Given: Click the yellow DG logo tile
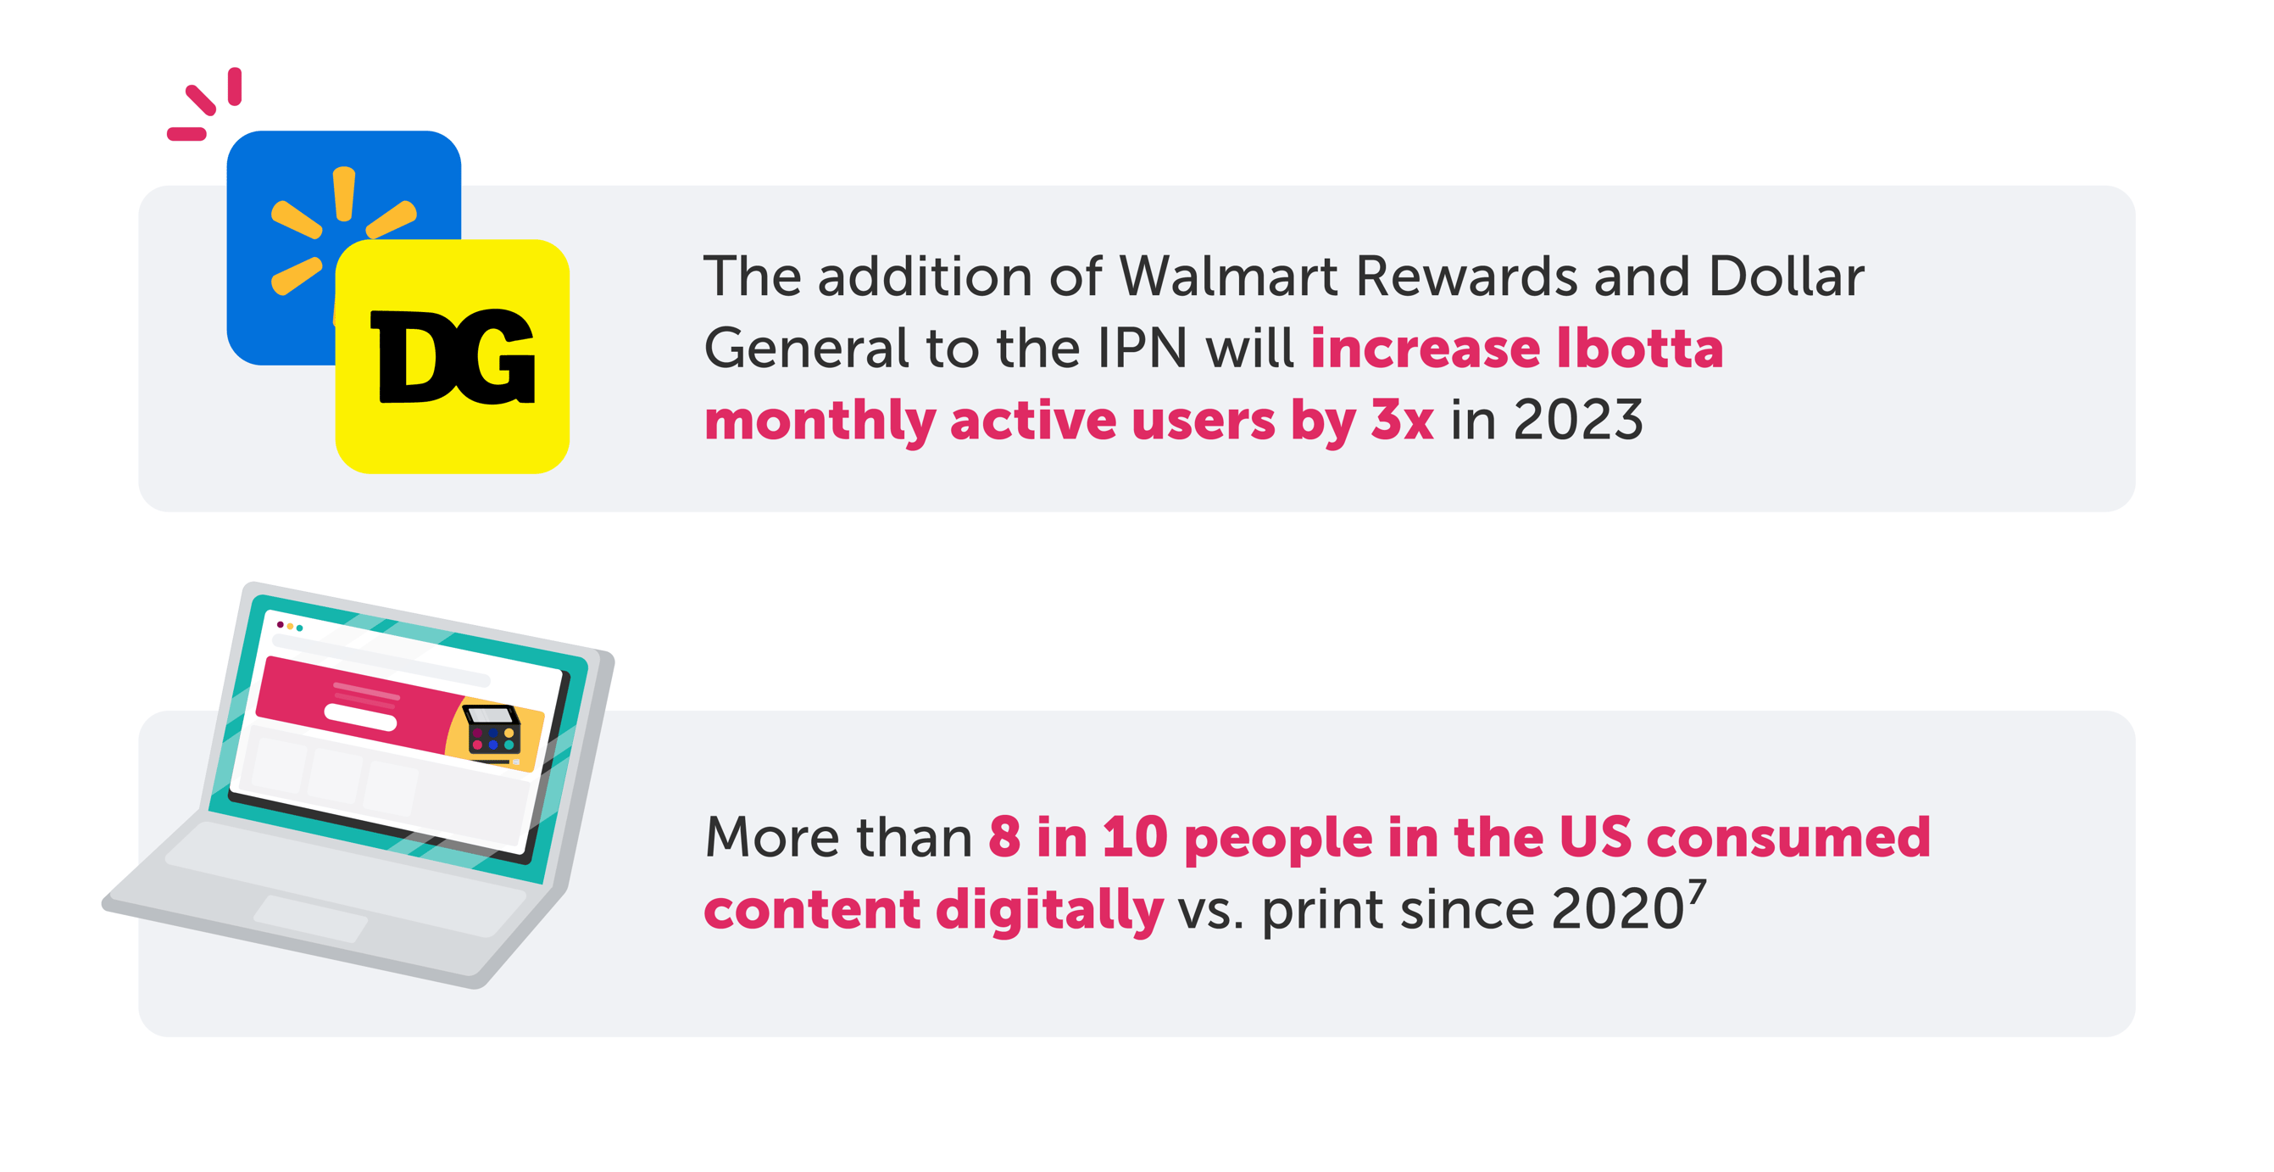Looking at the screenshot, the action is point(452,356).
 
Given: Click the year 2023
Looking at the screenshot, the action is point(1578,420).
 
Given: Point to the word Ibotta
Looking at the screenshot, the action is point(1638,348).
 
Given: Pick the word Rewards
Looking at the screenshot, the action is point(1466,276).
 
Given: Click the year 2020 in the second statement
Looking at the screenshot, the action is point(1617,909).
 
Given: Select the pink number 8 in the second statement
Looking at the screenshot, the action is point(1004,837).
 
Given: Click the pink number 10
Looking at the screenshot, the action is point(1135,837).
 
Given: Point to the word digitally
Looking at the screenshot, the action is point(1048,912).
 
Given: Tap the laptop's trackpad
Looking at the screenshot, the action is point(311,918).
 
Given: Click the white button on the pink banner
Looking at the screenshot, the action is point(360,717).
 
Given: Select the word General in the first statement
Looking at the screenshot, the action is point(806,348).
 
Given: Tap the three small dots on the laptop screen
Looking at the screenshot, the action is point(290,626).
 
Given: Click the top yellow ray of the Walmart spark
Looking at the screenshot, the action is point(344,193).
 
